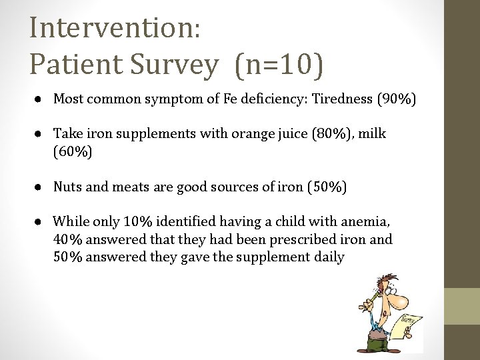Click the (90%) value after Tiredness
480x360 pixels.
(x=397, y=100)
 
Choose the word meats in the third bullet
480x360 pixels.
(x=121, y=187)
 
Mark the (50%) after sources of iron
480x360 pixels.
(x=326, y=187)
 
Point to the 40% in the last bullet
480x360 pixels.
(x=66, y=239)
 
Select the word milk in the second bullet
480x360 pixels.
(x=372, y=135)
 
